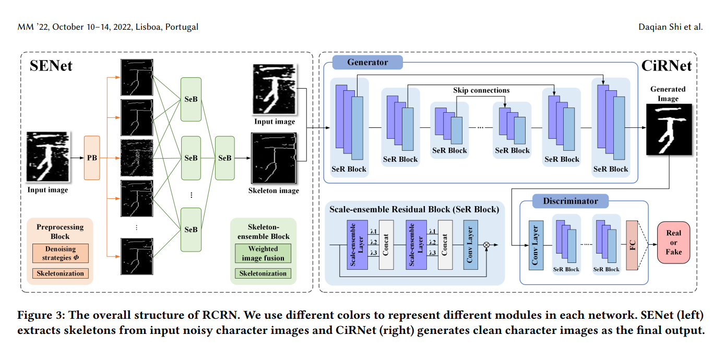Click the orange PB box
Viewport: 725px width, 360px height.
[x=92, y=158]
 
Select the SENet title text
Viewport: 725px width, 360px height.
[x=51, y=66]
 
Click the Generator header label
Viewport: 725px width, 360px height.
[x=367, y=63]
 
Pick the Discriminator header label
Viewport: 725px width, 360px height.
[x=570, y=201]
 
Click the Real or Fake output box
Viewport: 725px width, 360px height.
[x=673, y=243]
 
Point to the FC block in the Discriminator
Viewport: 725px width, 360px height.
[x=632, y=245]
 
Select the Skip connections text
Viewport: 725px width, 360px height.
[x=482, y=90]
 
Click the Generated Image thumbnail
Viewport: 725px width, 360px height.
[x=669, y=129]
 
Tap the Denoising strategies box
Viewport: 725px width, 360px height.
[x=61, y=253]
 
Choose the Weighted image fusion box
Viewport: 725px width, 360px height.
[x=263, y=254]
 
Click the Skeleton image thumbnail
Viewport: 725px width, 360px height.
[x=274, y=158]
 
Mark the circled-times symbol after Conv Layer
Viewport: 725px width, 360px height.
[x=487, y=244]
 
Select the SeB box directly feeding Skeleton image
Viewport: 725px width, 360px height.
[x=225, y=158]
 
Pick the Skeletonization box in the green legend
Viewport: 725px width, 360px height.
[x=263, y=273]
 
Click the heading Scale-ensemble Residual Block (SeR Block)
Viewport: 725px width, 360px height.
[x=414, y=209]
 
